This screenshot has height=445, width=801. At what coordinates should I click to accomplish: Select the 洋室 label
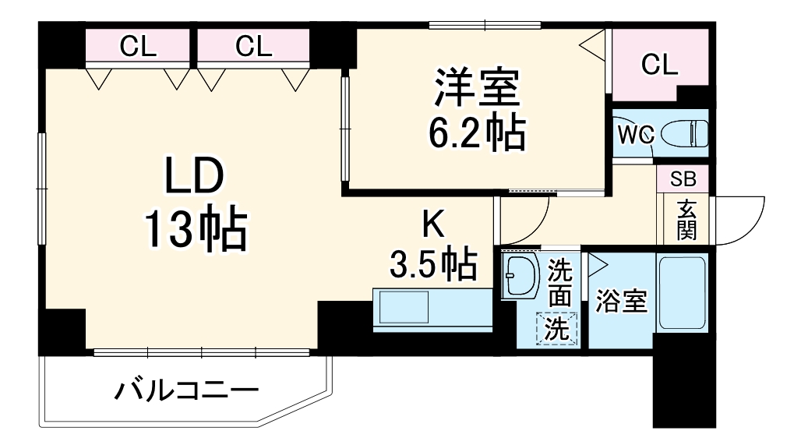(477, 88)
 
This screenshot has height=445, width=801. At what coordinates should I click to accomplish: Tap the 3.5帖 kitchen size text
(433, 265)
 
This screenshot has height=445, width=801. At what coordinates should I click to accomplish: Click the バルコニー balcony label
(186, 390)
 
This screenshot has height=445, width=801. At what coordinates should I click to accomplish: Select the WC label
(634, 135)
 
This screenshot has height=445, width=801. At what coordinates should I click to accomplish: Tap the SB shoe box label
(683, 178)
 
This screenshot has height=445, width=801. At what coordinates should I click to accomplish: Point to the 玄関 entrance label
(686, 221)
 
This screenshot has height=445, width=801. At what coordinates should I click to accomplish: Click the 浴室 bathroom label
(621, 302)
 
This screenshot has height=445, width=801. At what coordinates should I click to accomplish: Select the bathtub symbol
(682, 294)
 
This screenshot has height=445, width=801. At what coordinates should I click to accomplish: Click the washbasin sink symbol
(520, 276)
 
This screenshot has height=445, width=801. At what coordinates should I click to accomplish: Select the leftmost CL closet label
(139, 48)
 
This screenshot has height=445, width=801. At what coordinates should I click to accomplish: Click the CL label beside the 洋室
(659, 65)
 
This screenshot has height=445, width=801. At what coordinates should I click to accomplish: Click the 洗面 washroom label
(559, 284)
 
